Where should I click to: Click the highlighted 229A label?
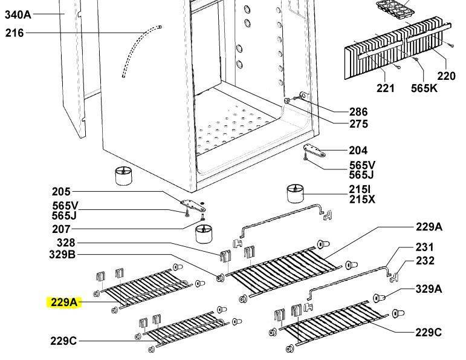[63, 302]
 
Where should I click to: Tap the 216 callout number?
[15, 33]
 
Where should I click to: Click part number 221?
[385, 88]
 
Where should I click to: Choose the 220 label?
[446, 76]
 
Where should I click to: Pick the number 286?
[358, 112]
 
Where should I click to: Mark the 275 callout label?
[358, 125]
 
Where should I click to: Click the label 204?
[358, 151]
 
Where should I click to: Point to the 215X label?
[361, 199]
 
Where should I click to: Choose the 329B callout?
[62, 255]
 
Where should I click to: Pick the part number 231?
[425, 247]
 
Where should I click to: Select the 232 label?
[425, 261]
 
